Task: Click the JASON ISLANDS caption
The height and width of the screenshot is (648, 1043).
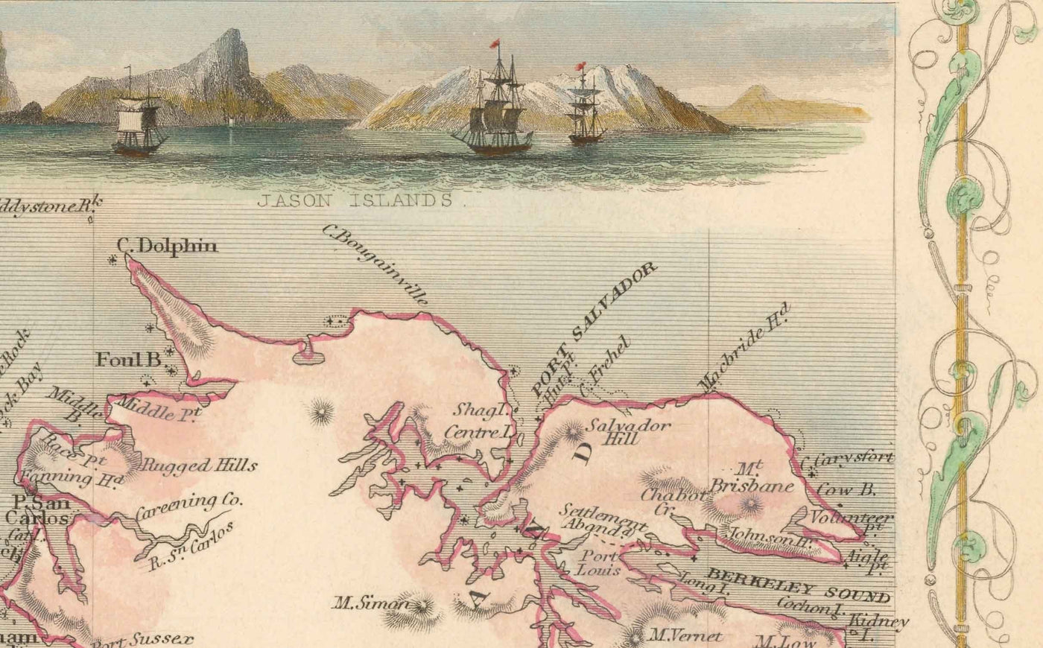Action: click(x=355, y=200)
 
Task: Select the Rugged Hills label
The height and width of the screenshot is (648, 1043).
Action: click(x=199, y=466)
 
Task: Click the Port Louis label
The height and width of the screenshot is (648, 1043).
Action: click(x=600, y=563)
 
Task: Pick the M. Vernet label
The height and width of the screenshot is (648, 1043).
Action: click(x=685, y=636)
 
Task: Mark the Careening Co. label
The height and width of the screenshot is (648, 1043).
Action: click(x=189, y=506)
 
